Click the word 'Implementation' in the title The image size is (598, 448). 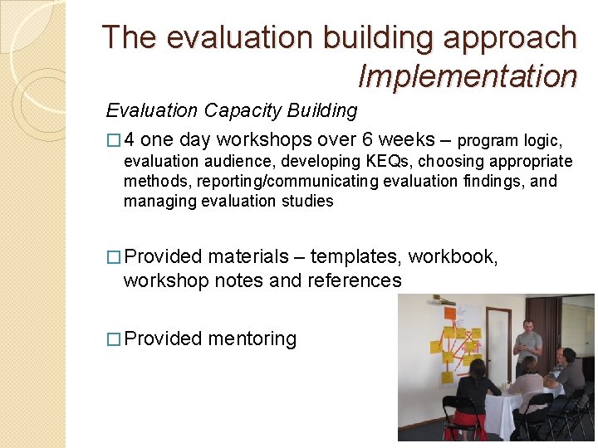(x=467, y=75)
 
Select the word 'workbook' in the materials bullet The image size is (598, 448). (x=453, y=257)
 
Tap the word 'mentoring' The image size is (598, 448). (x=252, y=338)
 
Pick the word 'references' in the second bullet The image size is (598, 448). (x=355, y=280)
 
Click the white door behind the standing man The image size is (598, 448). (x=498, y=340)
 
